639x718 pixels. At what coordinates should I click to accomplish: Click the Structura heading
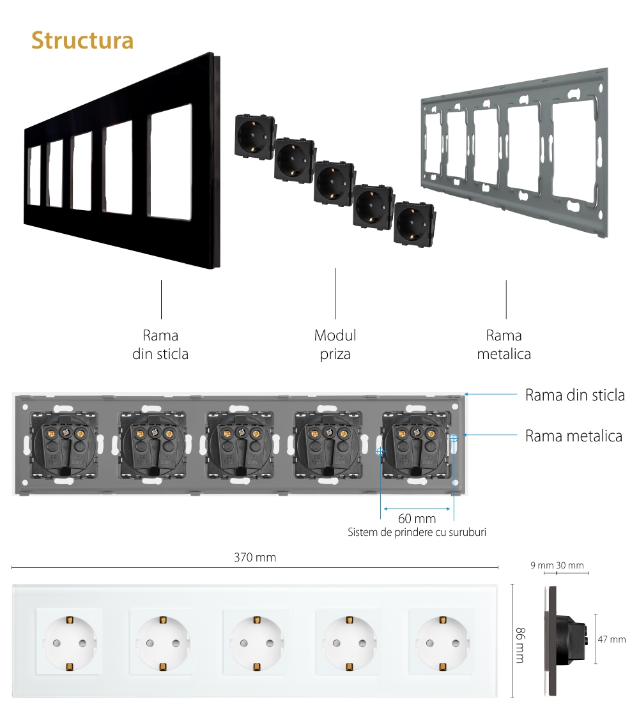pyautogui.click(x=82, y=40)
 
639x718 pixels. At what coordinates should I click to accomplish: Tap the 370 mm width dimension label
pyautogui.click(x=254, y=558)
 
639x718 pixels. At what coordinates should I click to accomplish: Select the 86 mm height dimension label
pyautogui.click(x=520, y=644)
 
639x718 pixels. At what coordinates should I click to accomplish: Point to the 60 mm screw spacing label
pyautogui.click(x=417, y=519)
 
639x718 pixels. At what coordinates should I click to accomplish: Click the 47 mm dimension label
pyautogui.click(x=613, y=639)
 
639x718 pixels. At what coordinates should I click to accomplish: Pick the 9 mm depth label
pyautogui.click(x=542, y=565)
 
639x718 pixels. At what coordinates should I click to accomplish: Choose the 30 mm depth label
pyautogui.click(x=570, y=565)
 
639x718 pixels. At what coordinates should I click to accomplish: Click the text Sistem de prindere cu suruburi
pyautogui.click(x=417, y=532)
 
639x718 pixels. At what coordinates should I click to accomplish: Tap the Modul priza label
pyautogui.click(x=335, y=344)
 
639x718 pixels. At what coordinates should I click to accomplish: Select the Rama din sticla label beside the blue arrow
pyautogui.click(x=574, y=395)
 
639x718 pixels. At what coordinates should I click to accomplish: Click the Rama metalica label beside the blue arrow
pyautogui.click(x=573, y=436)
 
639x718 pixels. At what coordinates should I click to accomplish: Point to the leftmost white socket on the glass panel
pyautogui.click(x=69, y=642)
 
